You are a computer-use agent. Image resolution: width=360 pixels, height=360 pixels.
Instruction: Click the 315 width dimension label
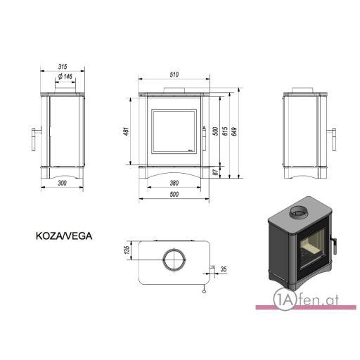pos(63,67)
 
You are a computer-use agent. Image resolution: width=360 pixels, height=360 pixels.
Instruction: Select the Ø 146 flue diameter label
pos(65,77)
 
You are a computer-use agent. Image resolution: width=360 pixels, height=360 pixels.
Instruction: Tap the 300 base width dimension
pos(62,183)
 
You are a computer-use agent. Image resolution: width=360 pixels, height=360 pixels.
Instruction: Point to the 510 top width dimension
pos(174,75)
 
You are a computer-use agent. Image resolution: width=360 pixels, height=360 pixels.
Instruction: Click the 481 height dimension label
pos(127,131)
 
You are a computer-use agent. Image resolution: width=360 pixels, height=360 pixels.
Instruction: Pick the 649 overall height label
pos(234,131)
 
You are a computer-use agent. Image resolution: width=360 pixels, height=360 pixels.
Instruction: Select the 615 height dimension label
pos(224,131)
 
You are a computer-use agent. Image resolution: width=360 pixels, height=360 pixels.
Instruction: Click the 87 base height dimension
pos(216,172)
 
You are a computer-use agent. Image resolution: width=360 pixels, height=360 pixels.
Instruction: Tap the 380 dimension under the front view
pos(174,183)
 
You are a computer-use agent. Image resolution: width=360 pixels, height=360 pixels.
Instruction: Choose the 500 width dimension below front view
pos(174,194)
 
